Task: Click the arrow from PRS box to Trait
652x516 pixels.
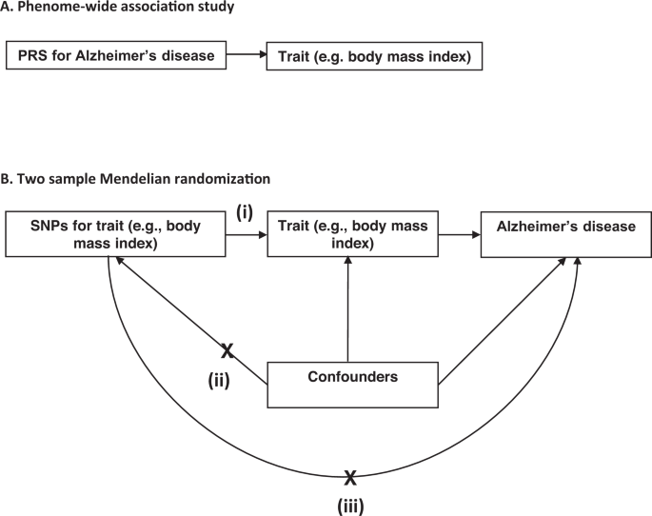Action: (247, 55)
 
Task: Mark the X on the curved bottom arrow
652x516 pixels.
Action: (350, 477)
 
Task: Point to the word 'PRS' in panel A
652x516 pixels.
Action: (30, 55)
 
